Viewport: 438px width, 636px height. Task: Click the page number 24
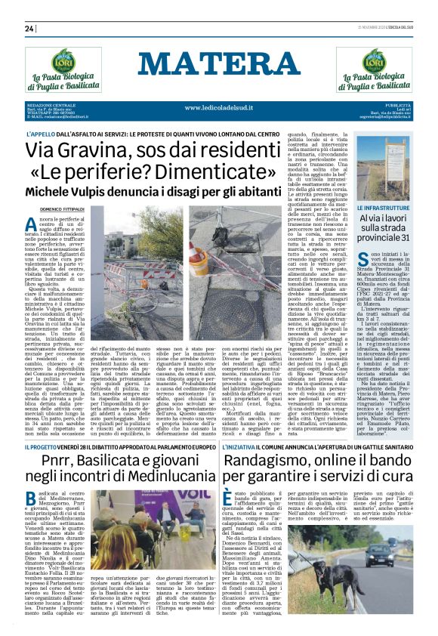30,29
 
